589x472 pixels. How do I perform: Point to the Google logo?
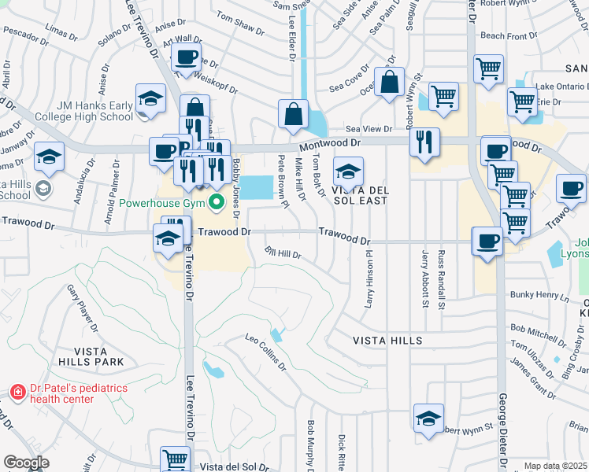click(x=27, y=463)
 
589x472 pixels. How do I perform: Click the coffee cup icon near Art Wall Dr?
click(x=187, y=57)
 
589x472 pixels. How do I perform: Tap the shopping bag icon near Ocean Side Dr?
click(x=389, y=81)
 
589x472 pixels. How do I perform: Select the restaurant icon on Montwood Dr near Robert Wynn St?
click(x=424, y=142)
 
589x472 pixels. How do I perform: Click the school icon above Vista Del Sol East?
click(x=347, y=171)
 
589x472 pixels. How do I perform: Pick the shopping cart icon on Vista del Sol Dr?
click(x=175, y=459)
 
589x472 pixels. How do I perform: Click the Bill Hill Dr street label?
click(x=283, y=255)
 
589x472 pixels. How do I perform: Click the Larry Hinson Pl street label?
click(x=369, y=280)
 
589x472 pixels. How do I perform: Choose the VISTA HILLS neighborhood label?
click(x=387, y=341)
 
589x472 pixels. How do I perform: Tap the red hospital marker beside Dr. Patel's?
click(x=17, y=391)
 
